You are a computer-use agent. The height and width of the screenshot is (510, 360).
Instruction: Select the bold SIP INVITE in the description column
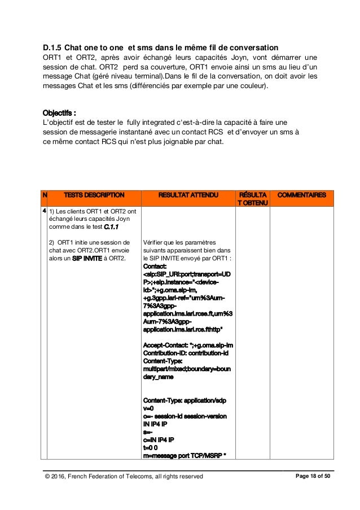[80, 259]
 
